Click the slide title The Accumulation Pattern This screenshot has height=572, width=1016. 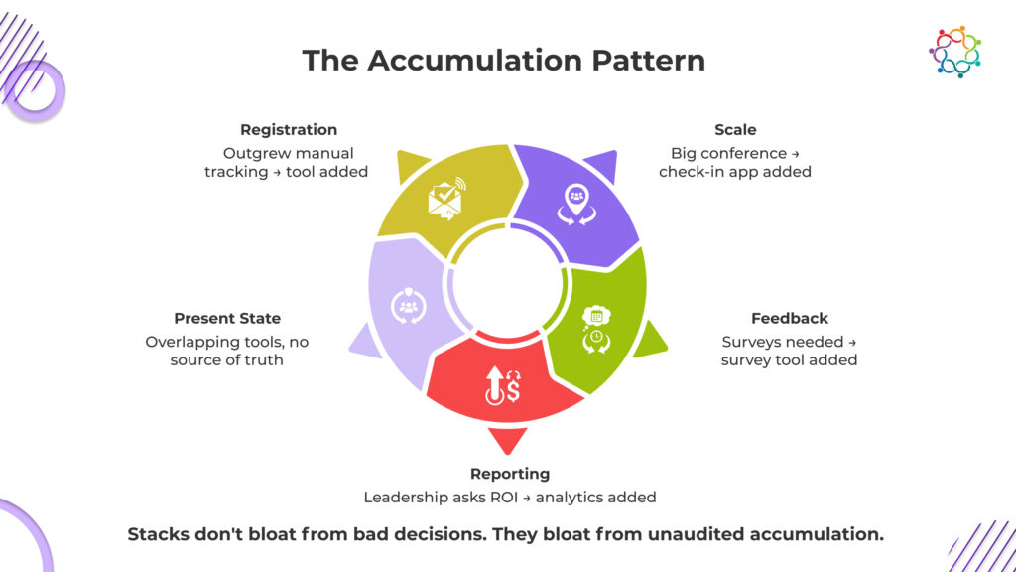[x=504, y=60]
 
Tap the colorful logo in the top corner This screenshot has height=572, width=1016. [x=955, y=52]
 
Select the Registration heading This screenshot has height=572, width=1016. [x=289, y=130]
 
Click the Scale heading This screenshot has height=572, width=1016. [x=735, y=130]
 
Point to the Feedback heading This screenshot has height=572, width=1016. [x=790, y=319]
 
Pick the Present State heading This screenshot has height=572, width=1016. [x=227, y=319]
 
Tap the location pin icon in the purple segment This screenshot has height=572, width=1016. [x=576, y=202]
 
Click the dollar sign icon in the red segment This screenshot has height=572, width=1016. [x=502, y=385]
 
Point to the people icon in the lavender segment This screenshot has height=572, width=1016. [x=408, y=306]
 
